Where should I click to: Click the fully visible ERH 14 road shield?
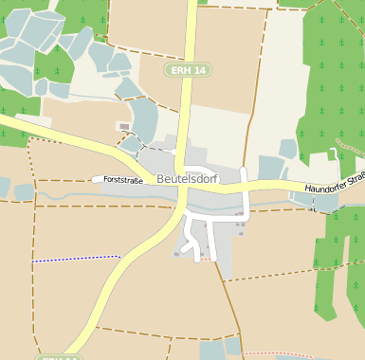coord(187,70)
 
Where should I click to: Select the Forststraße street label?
coord(123,179)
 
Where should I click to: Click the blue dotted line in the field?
coord(76,258)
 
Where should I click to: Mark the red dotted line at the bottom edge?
coord(280,354)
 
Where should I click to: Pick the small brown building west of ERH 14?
coord(124,126)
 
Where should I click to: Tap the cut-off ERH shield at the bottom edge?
coord(59,357)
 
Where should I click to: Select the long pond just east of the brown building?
coord(144,118)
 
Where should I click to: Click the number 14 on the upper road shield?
coord(197,70)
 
